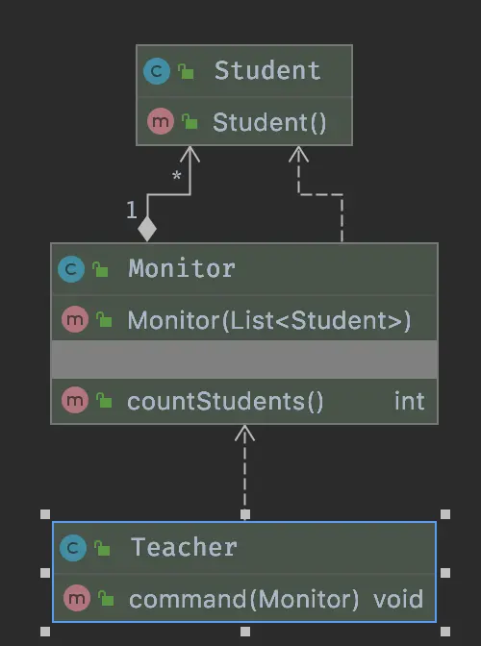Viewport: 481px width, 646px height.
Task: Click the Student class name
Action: click(x=267, y=70)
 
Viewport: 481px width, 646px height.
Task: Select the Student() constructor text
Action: click(x=269, y=122)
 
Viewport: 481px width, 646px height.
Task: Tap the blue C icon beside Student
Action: click(x=157, y=71)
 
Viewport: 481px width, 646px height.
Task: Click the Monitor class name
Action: click(x=182, y=268)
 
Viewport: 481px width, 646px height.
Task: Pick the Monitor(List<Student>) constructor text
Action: click(x=269, y=320)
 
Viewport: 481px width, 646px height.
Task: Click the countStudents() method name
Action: click(x=225, y=401)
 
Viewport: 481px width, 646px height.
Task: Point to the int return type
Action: click(x=409, y=401)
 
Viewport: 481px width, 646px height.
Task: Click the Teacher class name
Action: click(x=184, y=548)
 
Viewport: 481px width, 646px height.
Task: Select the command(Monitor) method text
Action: click(x=244, y=599)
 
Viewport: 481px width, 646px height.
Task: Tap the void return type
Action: click(x=398, y=599)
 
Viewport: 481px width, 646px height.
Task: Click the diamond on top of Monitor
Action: click(x=147, y=229)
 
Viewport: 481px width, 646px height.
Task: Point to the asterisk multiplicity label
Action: click(x=176, y=176)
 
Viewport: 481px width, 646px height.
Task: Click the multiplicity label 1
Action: click(x=132, y=211)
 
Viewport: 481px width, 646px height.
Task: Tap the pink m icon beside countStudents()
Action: click(x=75, y=400)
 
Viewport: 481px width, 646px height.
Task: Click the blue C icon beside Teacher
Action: click(x=73, y=548)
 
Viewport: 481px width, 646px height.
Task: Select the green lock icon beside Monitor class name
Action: click(x=100, y=269)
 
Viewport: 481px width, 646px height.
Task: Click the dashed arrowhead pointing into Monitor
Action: click(x=244, y=433)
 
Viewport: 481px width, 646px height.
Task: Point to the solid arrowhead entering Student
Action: click(x=190, y=154)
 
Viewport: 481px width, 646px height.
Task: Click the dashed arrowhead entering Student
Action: click(x=298, y=154)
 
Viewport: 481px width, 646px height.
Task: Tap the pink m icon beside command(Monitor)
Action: click(x=77, y=598)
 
